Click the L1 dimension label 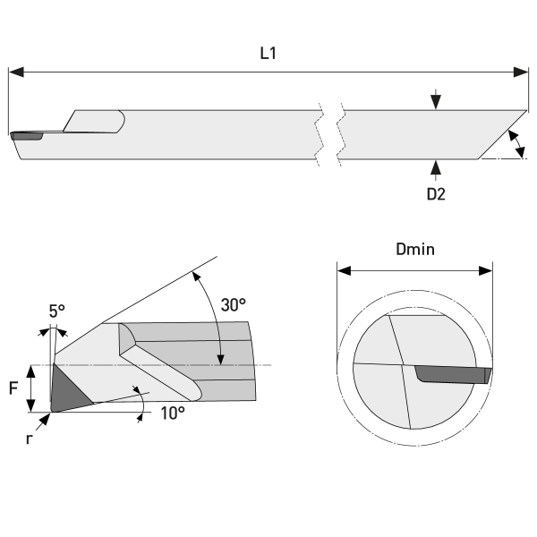[x=268, y=54]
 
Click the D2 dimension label [x=435, y=193]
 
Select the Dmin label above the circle [x=414, y=249]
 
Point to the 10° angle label [x=173, y=413]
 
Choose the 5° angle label [x=57, y=311]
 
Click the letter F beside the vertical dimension [x=13, y=388]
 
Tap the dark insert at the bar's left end [x=27, y=137]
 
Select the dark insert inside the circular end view [x=452, y=373]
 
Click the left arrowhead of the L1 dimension [x=13, y=72]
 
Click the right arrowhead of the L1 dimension [x=524, y=72]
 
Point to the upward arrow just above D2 [x=435, y=167]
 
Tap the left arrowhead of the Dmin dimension [x=341, y=269]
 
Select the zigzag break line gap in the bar [x=331, y=135]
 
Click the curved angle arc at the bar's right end [x=517, y=144]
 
